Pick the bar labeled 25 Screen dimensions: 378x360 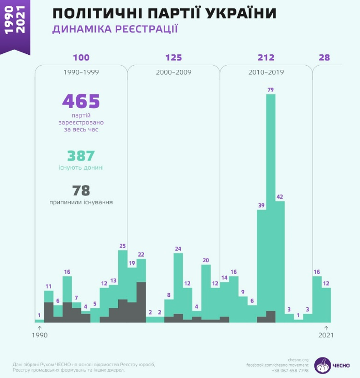[123, 274]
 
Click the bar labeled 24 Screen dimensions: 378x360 [178, 283]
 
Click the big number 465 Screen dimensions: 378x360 [81, 101]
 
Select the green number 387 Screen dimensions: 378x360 [81, 156]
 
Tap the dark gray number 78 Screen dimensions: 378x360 [81, 191]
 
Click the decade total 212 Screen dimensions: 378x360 [266, 58]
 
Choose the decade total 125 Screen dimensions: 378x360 [173, 58]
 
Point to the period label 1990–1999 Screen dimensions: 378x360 [81, 72]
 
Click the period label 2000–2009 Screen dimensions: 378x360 [173, 72]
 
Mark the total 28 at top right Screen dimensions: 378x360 [324, 58]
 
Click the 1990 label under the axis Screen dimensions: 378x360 [40, 335]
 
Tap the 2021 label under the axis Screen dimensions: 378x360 [326, 335]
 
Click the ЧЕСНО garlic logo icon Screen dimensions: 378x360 [323, 365]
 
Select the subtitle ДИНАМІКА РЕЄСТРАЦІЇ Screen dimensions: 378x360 [115, 30]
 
